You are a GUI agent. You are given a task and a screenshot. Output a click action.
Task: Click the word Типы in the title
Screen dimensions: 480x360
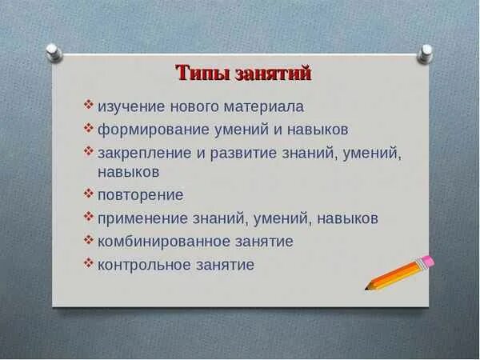click(203, 73)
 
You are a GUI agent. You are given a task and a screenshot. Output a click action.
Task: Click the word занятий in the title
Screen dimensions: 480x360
click(274, 74)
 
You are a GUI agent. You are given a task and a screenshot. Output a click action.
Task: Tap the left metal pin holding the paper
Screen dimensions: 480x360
click(54, 53)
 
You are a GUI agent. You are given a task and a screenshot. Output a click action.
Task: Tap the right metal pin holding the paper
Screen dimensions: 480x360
click(425, 54)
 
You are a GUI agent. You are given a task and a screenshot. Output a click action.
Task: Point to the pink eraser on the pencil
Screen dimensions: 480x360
click(427, 262)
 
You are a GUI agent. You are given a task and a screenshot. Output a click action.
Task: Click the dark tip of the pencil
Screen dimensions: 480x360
click(367, 288)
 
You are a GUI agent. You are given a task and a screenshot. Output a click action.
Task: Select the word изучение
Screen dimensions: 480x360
click(131, 107)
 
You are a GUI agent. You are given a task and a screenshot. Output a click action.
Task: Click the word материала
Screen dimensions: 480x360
click(264, 107)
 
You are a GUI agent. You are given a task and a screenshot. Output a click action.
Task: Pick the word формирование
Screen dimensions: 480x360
click(153, 130)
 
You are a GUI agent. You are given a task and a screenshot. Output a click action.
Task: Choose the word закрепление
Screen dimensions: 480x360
click(145, 153)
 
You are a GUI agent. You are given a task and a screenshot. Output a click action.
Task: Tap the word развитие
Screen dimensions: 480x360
click(243, 153)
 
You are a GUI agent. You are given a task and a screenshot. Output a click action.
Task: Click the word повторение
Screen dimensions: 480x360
click(141, 195)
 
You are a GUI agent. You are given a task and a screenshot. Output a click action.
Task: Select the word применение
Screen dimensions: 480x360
click(142, 218)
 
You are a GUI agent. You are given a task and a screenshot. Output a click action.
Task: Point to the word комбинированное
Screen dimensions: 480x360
click(164, 242)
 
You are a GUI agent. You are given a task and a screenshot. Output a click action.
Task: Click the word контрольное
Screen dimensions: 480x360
click(144, 265)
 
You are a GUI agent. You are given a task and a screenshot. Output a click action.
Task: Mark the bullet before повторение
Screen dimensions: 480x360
click(89, 194)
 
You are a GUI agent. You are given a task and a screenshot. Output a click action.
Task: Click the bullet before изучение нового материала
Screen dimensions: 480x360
click(89, 104)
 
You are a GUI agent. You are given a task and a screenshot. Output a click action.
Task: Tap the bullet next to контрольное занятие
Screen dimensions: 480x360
click(89, 263)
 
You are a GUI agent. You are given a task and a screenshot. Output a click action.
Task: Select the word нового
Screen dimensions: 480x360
click(194, 107)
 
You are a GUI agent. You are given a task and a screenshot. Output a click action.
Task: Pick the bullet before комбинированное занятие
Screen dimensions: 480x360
click(89, 239)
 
